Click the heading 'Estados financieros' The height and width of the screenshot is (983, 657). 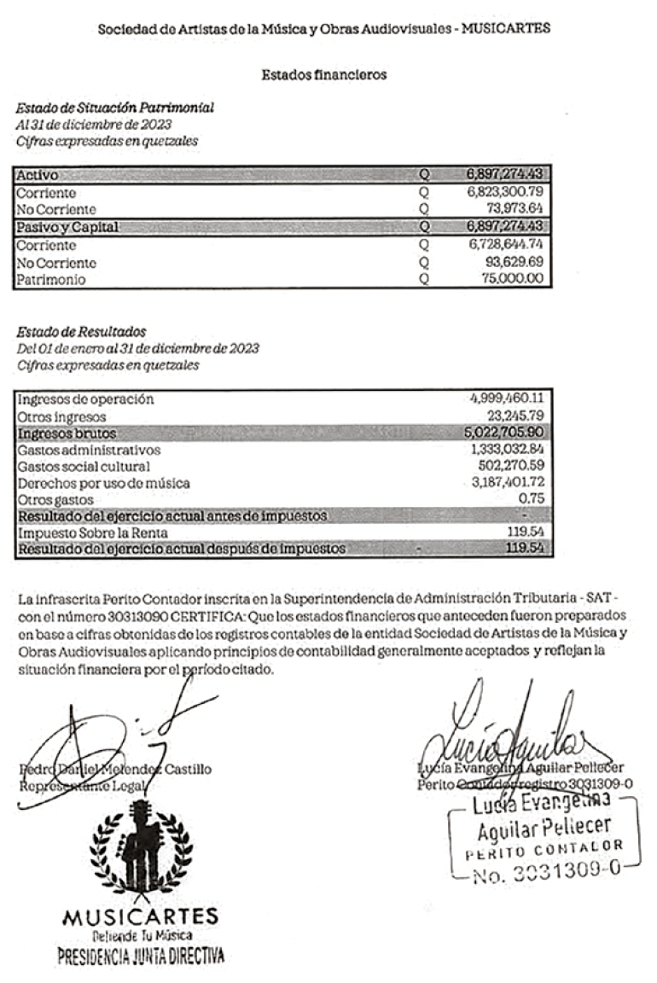click(x=324, y=75)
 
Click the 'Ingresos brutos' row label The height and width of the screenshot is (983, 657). click(x=66, y=433)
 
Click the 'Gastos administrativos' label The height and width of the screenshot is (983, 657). click(x=89, y=450)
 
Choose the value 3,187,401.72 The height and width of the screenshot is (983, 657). click(x=504, y=483)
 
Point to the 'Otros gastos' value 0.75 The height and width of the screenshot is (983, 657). click(x=533, y=500)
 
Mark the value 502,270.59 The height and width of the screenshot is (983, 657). click(x=510, y=467)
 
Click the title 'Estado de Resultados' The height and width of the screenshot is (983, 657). click(x=81, y=331)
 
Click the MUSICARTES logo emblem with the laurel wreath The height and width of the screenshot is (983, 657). click(x=141, y=849)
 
